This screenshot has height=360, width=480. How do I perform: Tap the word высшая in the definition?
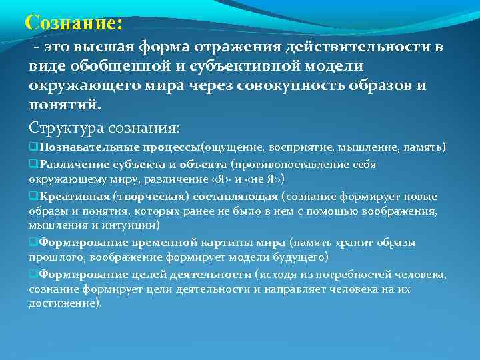click(x=108, y=48)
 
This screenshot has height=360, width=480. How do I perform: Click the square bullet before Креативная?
click(x=33, y=196)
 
